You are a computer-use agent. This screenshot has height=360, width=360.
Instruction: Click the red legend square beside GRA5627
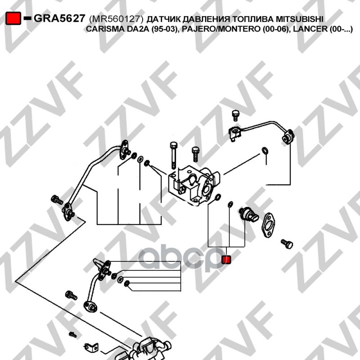[x=13, y=18]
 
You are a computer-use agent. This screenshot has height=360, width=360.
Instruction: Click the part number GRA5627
[x=59, y=18]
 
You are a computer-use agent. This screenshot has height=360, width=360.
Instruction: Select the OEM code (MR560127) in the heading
[x=116, y=19]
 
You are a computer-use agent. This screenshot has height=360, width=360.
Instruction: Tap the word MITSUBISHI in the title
[x=299, y=19]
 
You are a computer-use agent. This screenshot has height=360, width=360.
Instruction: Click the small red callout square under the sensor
[x=226, y=260]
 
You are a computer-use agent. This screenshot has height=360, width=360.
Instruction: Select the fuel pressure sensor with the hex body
[x=248, y=214]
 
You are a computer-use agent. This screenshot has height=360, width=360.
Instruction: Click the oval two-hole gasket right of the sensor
[x=268, y=225]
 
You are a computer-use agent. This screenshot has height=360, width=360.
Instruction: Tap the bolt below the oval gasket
[x=287, y=243]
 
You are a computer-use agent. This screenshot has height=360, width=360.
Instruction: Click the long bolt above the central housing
[x=174, y=155]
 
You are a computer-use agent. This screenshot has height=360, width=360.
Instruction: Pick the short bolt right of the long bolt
[x=196, y=154]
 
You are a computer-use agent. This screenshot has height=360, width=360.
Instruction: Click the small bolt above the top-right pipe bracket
[x=235, y=116]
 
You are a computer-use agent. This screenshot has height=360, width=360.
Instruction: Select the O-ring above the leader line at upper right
[x=265, y=151]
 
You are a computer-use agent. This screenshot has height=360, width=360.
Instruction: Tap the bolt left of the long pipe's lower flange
[x=57, y=200]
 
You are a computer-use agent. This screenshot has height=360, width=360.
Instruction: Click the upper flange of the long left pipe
[x=125, y=150]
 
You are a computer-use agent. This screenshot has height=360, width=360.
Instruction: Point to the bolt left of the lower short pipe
[x=71, y=296]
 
